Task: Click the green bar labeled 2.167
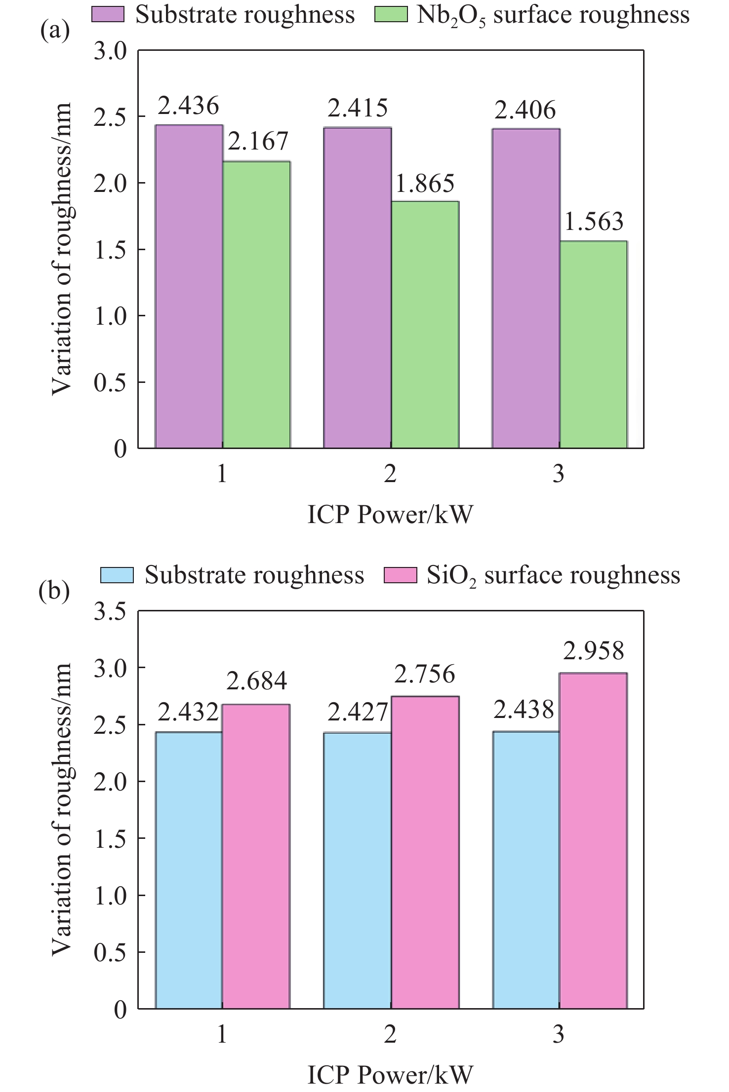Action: [256, 304]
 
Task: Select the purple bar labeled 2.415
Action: [358, 288]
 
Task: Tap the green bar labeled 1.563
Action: [593, 344]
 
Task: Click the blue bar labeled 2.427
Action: [358, 870]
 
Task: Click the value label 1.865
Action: [425, 184]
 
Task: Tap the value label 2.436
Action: [188, 106]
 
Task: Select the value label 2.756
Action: [424, 674]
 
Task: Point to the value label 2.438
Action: [524, 710]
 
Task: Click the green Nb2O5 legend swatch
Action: [391, 15]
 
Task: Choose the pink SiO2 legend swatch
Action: [401, 575]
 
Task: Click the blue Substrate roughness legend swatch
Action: [117, 575]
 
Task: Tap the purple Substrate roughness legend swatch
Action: [108, 15]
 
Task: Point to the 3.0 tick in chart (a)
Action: [110, 51]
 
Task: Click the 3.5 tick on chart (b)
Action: [110, 612]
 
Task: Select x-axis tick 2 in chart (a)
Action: [390, 474]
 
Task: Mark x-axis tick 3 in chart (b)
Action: [558, 1034]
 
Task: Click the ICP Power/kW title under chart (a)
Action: [390, 515]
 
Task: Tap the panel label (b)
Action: [54, 591]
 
